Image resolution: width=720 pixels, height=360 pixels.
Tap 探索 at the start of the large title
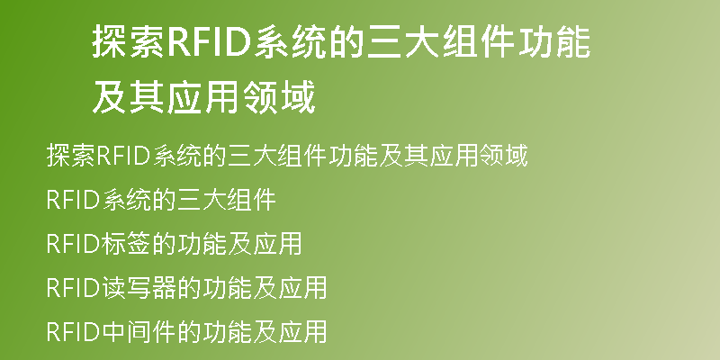tap(129, 41)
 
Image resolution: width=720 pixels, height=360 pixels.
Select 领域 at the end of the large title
tap(278, 97)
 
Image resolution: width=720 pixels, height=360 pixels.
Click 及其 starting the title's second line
tap(129, 97)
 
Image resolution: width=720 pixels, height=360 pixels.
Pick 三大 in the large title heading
tap(404, 41)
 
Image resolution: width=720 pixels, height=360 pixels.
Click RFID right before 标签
tap(73, 244)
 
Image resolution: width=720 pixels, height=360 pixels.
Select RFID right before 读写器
tap(73, 288)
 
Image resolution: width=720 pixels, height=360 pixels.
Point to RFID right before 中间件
tap(73, 332)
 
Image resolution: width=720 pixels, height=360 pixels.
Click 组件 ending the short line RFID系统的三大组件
tap(252, 200)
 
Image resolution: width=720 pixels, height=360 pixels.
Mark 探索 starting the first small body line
tap(71, 156)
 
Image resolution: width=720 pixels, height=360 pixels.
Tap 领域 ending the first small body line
tap(503, 156)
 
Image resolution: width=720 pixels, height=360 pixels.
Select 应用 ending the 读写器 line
tap(302, 288)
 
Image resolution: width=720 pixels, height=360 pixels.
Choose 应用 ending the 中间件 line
tap(302, 331)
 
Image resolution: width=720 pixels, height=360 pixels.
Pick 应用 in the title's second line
tap(203, 97)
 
